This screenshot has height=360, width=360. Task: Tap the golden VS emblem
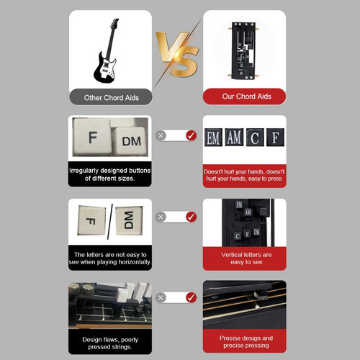tap(178, 54)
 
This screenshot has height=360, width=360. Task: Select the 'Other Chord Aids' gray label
tap(111, 97)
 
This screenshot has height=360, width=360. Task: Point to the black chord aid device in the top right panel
tap(243, 50)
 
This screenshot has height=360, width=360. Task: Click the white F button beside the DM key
tap(92, 137)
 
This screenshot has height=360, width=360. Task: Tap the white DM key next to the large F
tap(130, 141)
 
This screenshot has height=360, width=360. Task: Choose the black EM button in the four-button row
tap(213, 138)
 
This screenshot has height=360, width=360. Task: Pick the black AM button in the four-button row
tap(234, 138)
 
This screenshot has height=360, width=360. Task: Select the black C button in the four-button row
tap(255, 138)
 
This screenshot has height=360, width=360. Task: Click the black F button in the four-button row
tap(276, 138)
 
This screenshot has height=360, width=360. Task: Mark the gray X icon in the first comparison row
tap(161, 135)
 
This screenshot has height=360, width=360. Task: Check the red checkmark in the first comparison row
tap(191, 135)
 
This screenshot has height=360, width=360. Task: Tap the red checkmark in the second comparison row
tap(191, 217)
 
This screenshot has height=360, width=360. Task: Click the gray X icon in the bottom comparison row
tap(161, 297)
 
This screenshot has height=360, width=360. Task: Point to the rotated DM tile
tap(129, 220)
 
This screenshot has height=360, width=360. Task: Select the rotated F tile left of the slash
tap(91, 220)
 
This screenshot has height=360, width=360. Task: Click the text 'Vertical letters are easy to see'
tap(246, 258)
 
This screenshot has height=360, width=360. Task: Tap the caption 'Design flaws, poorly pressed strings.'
tap(110, 343)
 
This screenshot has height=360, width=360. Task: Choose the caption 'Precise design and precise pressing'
tap(246, 342)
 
